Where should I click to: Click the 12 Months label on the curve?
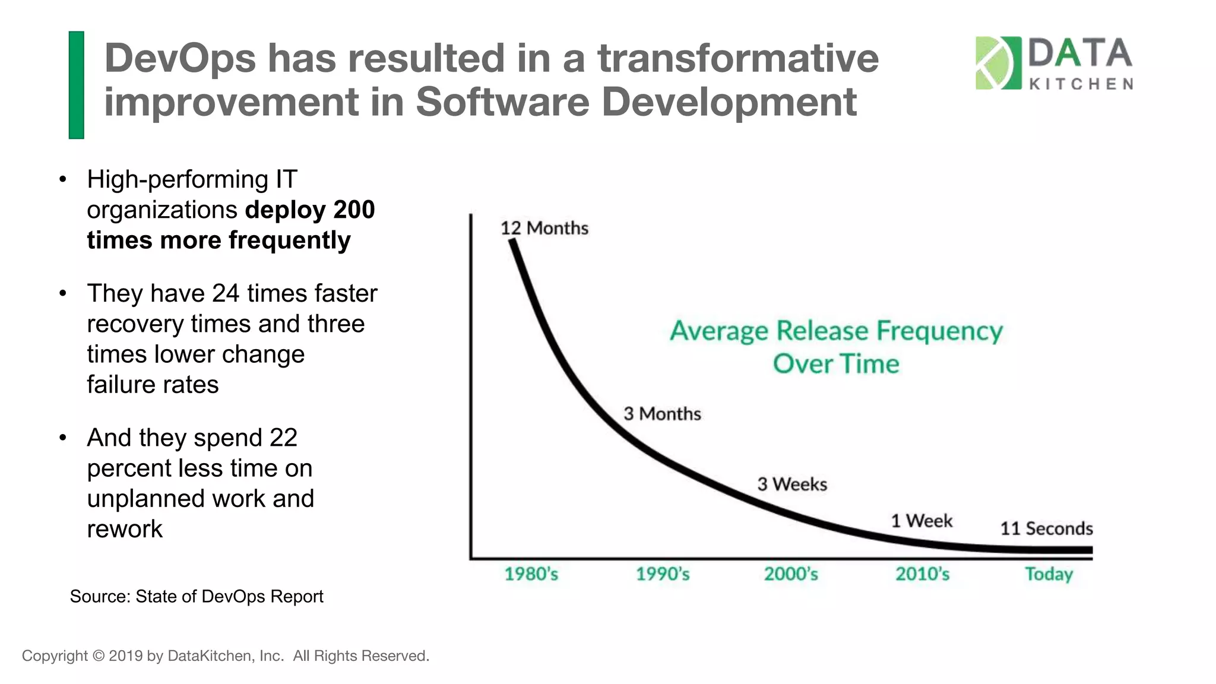(544, 228)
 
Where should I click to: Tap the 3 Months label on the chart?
(662, 414)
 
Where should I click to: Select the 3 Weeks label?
(792, 484)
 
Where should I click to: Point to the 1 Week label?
(921, 521)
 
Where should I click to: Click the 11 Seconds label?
(1046, 528)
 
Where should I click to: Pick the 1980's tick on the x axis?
(531, 574)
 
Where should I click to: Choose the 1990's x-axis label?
(663, 574)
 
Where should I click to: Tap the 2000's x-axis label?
(791, 574)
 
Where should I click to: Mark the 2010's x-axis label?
(922, 574)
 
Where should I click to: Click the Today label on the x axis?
(1049, 574)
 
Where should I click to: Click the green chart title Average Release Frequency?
(836, 331)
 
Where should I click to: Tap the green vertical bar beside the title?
(77, 85)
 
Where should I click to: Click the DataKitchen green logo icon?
(998, 63)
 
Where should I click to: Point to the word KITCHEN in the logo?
(1081, 84)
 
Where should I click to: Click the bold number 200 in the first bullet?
(354, 210)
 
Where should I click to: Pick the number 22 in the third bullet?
(283, 438)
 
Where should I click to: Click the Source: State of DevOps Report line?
(197, 596)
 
